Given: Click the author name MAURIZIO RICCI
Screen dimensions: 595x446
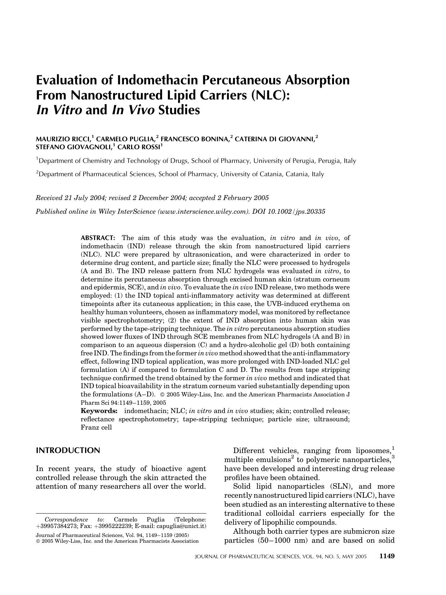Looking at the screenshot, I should click(x=63, y=139).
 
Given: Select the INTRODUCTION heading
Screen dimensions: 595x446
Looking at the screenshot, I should click(x=68, y=450).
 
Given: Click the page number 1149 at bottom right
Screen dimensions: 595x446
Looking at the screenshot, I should click(x=387, y=556).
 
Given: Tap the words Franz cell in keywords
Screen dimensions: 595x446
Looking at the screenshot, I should click(x=96, y=428).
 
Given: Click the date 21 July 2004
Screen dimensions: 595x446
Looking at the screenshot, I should click(x=85, y=198).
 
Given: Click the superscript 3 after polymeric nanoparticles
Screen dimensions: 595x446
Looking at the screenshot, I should click(x=393, y=457).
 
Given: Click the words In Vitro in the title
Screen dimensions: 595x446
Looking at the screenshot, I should click(x=59, y=110).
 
